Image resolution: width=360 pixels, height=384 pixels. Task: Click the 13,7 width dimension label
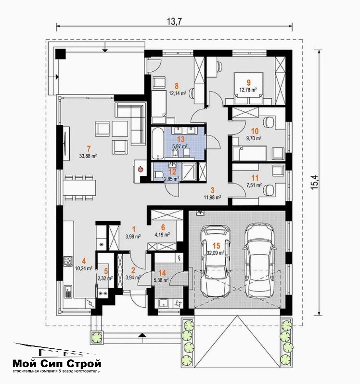(x=174, y=21)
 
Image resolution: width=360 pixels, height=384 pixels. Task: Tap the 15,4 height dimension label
(x=315, y=181)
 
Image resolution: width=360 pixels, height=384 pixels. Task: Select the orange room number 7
(x=89, y=148)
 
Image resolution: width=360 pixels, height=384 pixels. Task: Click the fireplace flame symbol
(x=141, y=169)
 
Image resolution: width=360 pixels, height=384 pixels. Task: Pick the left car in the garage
(x=216, y=261)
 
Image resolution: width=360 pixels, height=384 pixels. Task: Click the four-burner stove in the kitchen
(x=68, y=261)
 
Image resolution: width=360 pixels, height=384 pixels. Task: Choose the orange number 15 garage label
(x=217, y=246)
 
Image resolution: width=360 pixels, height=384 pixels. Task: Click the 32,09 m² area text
(x=216, y=253)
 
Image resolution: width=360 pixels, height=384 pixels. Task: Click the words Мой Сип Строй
(x=57, y=363)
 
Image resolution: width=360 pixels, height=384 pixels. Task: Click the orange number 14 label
(x=162, y=273)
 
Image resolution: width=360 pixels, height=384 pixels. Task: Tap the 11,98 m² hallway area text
(x=213, y=197)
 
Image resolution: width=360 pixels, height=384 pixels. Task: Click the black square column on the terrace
(x=61, y=53)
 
